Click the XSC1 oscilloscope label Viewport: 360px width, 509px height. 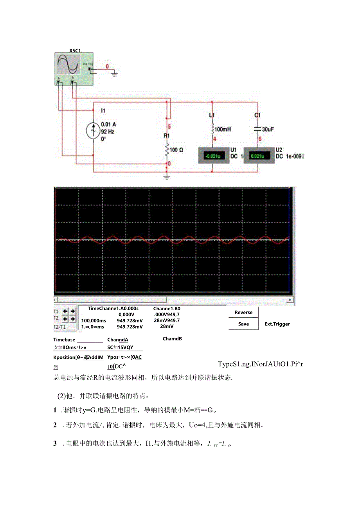point(75,50)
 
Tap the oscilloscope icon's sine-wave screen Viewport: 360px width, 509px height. point(68,65)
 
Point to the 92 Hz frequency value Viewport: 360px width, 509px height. point(108,132)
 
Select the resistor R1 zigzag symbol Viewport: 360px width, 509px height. point(167,149)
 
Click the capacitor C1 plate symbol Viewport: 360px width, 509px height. point(257,128)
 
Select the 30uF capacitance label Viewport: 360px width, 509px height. point(268,129)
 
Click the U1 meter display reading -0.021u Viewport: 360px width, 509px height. point(212,156)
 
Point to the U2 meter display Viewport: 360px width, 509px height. point(257,156)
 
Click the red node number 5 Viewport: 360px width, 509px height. point(169,126)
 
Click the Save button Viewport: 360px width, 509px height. point(243,324)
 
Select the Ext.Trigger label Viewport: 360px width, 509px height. point(277,324)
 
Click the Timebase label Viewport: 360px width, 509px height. point(64,340)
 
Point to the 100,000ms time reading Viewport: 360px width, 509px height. point(94,320)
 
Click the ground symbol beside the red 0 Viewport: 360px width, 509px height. point(114,73)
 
